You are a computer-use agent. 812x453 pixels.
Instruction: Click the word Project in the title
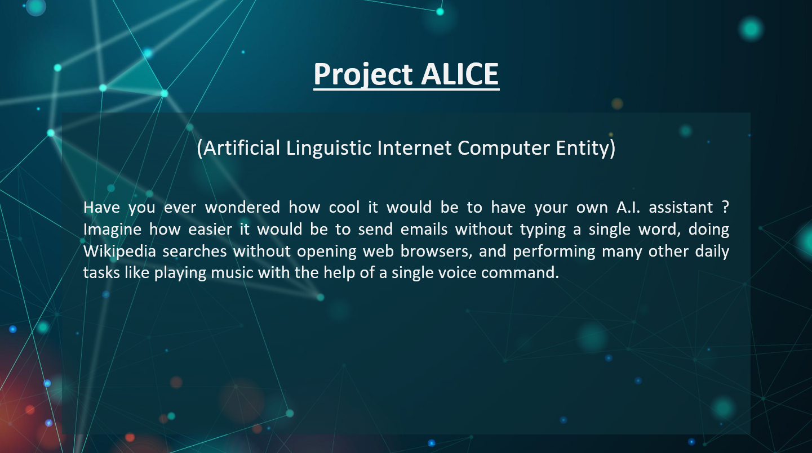363,74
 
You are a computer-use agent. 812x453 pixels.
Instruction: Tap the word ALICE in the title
460,74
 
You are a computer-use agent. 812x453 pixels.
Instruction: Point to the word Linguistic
329,148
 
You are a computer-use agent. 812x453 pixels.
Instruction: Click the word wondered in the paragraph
242,208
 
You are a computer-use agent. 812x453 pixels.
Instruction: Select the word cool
344,208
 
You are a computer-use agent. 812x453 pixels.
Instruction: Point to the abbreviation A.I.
628,208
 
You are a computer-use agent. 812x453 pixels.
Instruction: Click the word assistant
680,208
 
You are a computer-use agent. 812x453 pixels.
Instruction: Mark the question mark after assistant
725,208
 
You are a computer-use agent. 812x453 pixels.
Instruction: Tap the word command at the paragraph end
520,273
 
